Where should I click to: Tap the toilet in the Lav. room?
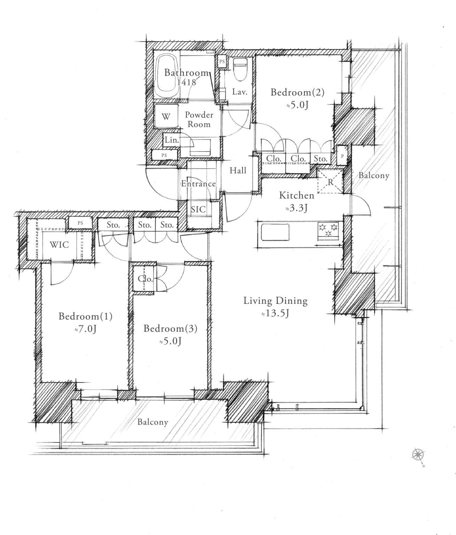241,69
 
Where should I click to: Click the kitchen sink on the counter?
275,232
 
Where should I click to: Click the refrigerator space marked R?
330,181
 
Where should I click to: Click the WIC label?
59,245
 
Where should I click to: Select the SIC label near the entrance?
198,209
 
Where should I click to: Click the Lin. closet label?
172,140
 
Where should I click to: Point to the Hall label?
238,170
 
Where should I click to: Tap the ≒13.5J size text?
275,313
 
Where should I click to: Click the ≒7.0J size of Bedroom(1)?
85,329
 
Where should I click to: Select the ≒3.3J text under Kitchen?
296,208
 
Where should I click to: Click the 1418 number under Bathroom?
186,82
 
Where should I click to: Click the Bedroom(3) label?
170,328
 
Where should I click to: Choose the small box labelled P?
342,156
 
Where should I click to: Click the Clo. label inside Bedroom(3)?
145,279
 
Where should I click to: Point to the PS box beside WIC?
80,223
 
